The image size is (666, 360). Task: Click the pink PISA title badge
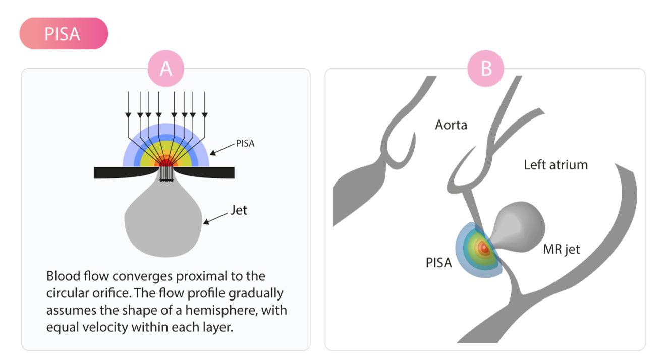[64, 34]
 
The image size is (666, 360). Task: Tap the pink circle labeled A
[166, 69]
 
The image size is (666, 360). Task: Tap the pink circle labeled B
[486, 69]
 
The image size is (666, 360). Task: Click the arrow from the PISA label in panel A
[222, 148]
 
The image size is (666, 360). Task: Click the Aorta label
[451, 125]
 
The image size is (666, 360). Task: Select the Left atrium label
[556, 164]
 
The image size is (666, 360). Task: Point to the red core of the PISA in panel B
[483, 248]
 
